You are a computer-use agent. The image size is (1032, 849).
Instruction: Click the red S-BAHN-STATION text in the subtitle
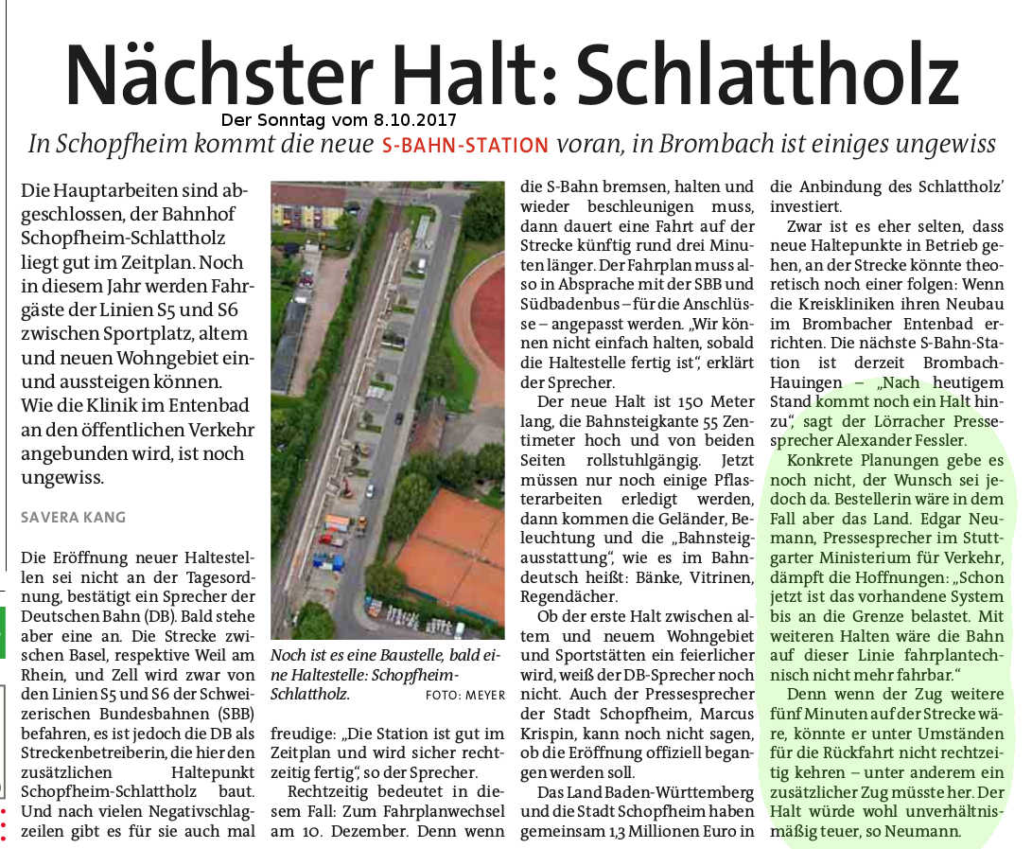tap(464, 146)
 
